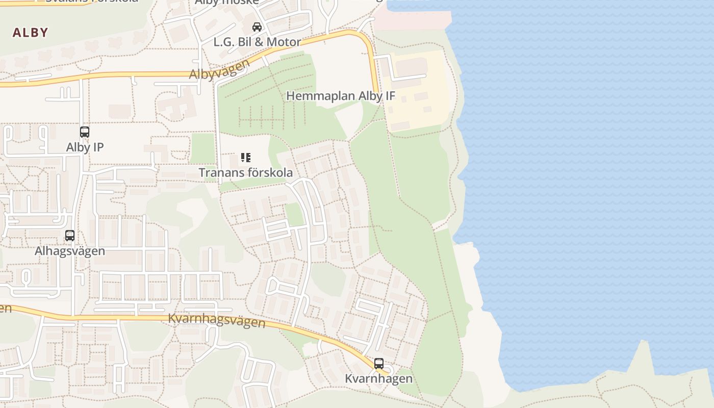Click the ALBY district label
30,33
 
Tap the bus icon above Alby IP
85,132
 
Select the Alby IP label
85,147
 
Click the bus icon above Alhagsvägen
70,236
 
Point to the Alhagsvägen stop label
70,251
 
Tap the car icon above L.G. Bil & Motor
257,27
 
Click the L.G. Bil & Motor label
257,42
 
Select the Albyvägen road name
219,70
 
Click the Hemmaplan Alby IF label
340,96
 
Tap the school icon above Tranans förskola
246,158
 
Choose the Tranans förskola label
246,172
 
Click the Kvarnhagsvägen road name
217,320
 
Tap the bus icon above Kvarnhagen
378,364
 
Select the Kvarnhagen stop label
378,379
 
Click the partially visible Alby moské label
226,2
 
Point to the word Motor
283,42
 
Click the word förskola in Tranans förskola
270,172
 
